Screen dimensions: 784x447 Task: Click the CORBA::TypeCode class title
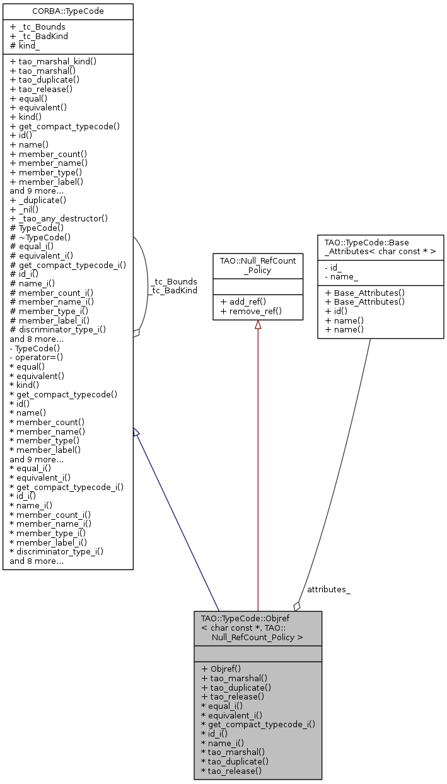(68, 11)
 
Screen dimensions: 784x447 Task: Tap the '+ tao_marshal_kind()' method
(53, 61)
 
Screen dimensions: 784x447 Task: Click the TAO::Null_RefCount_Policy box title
(257, 265)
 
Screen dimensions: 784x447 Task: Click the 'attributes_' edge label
(328, 589)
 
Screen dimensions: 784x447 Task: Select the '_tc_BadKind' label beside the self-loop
(174, 290)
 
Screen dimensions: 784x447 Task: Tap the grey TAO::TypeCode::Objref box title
(257, 628)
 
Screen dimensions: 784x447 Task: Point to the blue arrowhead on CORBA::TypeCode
(136, 432)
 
